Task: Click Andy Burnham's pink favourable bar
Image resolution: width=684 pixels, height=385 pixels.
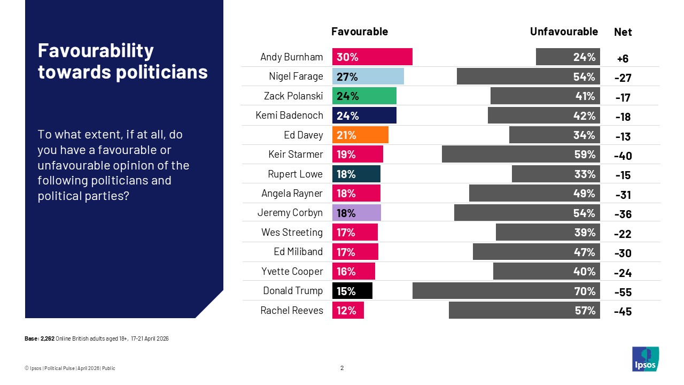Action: click(372, 57)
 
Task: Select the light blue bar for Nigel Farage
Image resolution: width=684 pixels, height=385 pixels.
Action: click(368, 76)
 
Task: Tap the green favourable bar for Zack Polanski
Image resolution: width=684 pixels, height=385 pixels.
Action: click(364, 96)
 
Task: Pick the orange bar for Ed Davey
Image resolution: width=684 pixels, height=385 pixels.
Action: click(360, 135)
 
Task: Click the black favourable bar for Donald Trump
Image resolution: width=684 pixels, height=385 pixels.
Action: click(352, 291)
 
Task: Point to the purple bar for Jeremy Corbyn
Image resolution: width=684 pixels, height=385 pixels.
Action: click(356, 213)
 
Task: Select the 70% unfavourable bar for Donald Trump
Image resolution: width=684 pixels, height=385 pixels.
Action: click(506, 291)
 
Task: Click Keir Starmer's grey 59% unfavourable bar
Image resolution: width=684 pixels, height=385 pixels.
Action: click(521, 155)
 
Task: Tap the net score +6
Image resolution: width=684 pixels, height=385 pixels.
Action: click(623, 59)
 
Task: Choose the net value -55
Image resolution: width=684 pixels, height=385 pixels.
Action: click(623, 292)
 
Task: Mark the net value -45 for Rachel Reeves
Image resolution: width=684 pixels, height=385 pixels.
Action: click(623, 312)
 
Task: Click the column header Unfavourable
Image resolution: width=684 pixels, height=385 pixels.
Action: click(564, 32)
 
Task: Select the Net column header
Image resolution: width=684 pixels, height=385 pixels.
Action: click(623, 32)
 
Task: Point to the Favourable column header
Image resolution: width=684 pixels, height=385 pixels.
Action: click(360, 32)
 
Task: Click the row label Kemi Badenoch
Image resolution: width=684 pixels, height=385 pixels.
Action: click(290, 115)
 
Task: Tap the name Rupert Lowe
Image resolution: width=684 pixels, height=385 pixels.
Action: click(296, 174)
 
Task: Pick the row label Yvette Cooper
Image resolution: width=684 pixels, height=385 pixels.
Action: click(292, 271)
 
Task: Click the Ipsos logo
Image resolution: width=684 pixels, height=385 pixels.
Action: click(646, 359)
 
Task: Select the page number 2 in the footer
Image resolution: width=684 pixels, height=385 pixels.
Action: click(342, 368)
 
